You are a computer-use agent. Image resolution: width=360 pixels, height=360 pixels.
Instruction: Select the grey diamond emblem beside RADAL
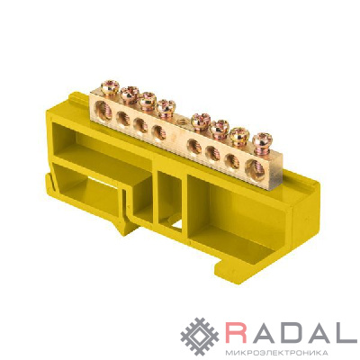click(x=200, y=337)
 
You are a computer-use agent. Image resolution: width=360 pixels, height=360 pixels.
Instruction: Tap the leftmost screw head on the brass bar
click(x=110, y=86)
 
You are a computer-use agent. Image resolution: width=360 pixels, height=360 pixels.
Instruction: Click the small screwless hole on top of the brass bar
click(x=181, y=121)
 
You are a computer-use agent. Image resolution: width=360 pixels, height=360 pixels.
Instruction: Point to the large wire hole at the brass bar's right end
click(x=255, y=169)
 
